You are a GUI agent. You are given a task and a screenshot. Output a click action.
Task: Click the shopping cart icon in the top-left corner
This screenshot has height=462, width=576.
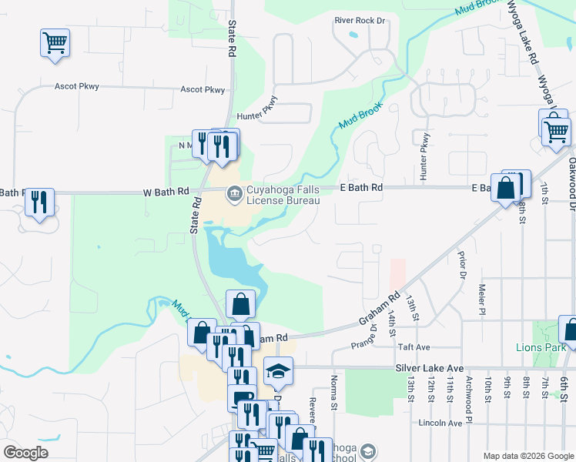[x=55, y=42]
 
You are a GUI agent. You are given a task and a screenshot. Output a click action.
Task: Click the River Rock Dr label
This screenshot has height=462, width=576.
[x=359, y=21]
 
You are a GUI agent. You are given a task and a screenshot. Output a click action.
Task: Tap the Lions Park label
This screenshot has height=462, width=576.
[x=536, y=347]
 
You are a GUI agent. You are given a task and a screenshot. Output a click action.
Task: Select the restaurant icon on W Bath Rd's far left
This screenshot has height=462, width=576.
[x=39, y=202]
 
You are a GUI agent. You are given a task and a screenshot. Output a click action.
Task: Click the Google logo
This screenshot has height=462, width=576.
[x=26, y=453]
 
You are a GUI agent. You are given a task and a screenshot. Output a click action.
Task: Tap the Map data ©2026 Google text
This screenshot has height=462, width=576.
[x=527, y=456]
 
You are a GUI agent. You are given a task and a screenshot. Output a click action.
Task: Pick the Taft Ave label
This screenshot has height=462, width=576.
[x=435, y=348]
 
